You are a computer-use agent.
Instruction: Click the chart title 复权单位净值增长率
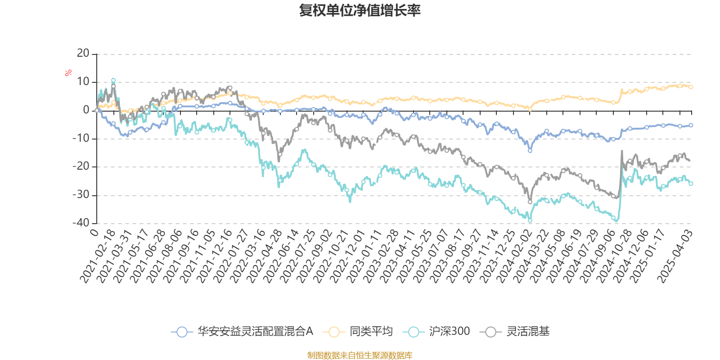(360, 10)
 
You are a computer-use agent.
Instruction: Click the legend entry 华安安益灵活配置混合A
(242, 331)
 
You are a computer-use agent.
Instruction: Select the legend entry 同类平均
(358, 331)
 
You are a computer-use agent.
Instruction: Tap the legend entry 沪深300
(436, 331)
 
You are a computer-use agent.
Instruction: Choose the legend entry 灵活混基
(515, 331)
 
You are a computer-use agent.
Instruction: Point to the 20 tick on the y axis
(83, 54)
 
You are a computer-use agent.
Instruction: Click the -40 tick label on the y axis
(81, 223)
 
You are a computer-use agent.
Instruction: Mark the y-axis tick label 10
(83, 81)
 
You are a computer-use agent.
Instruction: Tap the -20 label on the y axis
(81, 166)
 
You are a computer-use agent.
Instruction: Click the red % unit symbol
(68, 73)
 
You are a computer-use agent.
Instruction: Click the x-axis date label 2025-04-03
(675, 256)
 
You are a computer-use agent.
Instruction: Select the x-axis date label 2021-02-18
(98, 256)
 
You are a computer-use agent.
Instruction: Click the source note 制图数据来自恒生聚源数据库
(360, 355)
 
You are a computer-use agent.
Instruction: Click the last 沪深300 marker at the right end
(691, 184)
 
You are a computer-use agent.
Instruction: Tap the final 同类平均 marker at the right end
(691, 87)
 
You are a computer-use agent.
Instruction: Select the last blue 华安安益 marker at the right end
(691, 126)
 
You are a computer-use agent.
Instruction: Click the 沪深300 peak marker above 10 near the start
(113, 81)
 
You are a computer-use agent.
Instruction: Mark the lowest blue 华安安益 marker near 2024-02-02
(530, 150)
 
